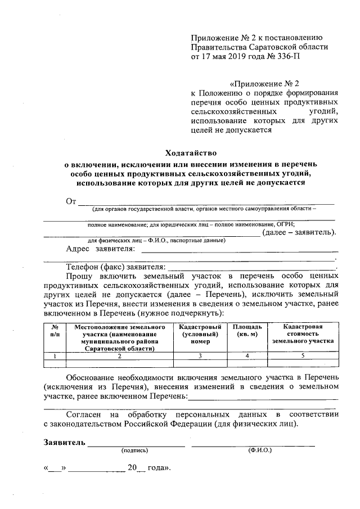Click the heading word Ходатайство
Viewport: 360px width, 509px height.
[191, 152]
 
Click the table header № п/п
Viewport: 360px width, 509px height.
[55, 330]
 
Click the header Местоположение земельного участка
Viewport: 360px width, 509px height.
[119, 337]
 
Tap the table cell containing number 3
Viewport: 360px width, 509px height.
[199, 355]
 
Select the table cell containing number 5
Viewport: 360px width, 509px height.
[303, 355]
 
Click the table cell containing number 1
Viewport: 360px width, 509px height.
[55, 355]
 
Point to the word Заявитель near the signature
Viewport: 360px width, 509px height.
[65, 442]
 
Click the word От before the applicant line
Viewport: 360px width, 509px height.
[71, 202]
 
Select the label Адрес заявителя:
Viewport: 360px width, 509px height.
[101, 249]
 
